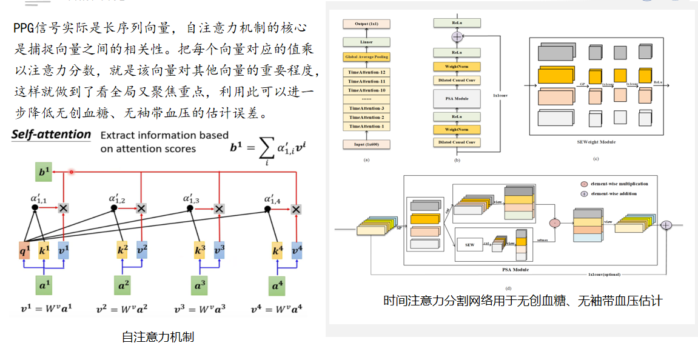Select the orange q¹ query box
pyautogui.click(x=25, y=250)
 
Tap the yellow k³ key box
pyautogui.click(x=201, y=250)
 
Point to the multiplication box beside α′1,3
pyautogui.click(x=220, y=208)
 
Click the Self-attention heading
pyautogui.click(x=52, y=135)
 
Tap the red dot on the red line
pyautogui.click(x=72, y=172)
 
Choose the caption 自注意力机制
pyautogui.click(x=158, y=337)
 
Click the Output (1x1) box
pyautogui.click(x=366, y=24)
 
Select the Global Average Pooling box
pyautogui.click(x=366, y=56)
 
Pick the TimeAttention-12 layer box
pyautogui.click(x=366, y=72)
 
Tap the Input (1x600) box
pyautogui.click(x=366, y=144)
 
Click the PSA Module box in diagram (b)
pyautogui.click(x=457, y=98)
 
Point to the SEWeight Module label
pyautogui.click(x=596, y=142)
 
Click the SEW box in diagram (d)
pyautogui.click(x=469, y=245)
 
